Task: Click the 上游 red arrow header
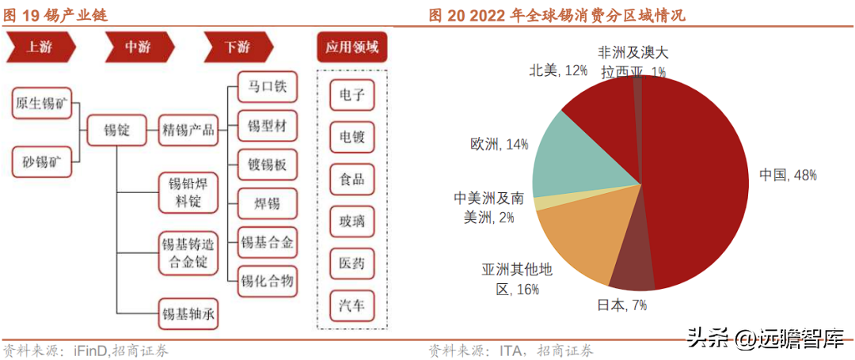(x=40, y=48)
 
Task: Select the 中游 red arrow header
(x=139, y=48)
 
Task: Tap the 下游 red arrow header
(x=239, y=48)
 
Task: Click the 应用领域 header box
(x=351, y=48)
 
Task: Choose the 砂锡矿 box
(x=43, y=161)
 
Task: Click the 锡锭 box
(x=116, y=131)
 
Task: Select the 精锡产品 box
(x=188, y=131)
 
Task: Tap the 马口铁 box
(x=268, y=86)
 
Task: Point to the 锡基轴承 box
(x=188, y=313)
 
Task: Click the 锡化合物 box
(x=268, y=282)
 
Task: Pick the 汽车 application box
(x=351, y=306)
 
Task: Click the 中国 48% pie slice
(x=704, y=180)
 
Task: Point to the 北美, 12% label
(x=558, y=70)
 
